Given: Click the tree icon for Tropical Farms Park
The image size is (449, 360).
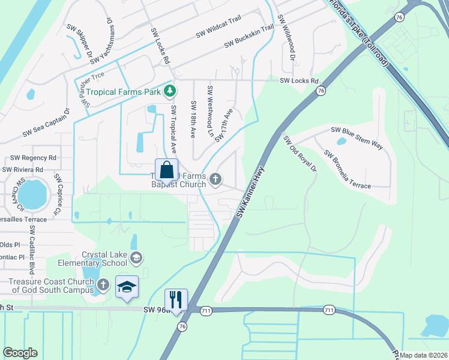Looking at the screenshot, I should pyautogui.click(x=170, y=91).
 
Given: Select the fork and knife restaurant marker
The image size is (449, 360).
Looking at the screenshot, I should pyautogui.click(x=176, y=300).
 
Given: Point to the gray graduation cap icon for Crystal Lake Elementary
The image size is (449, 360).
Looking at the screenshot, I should pyautogui.click(x=136, y=258).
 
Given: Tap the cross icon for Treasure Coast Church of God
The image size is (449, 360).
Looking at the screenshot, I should pyautogui.click(x=103, y=286).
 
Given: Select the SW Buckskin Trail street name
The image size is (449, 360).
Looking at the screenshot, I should pyautogui.click(x=249, y=37).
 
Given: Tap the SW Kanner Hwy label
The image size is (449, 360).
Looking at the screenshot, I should pyautogui.click(x=250, y=191).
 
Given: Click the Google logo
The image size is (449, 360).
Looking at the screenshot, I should pyautogui.click(x=20, y=353).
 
